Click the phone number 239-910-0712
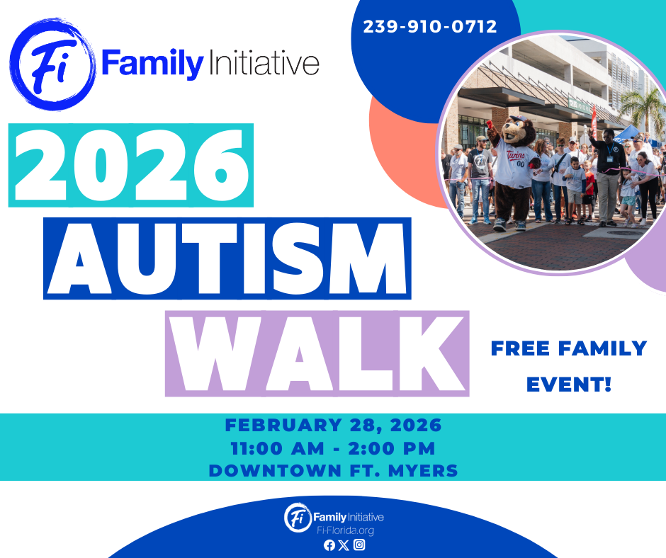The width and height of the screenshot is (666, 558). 430,26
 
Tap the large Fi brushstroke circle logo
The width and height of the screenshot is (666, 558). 52,64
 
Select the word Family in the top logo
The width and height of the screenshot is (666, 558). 153,64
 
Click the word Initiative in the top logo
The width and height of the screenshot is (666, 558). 264,63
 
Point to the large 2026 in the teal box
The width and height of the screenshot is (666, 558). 131,165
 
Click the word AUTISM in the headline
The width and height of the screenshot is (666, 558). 227,258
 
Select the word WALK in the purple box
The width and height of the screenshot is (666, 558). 317,353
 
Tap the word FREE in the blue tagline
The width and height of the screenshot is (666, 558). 520,348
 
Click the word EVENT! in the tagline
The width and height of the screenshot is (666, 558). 569,385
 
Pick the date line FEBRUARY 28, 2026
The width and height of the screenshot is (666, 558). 334,425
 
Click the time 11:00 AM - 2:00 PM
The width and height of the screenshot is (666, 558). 334,448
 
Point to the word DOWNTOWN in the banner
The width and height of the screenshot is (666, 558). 275,471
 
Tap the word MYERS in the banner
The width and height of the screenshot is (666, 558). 423,471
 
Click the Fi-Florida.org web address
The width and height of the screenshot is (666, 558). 345,531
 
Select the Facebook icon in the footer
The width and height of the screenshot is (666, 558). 329,545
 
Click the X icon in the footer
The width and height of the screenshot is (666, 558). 344,545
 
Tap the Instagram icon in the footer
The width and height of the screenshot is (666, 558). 359,545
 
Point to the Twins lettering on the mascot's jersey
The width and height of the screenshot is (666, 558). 516,154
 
